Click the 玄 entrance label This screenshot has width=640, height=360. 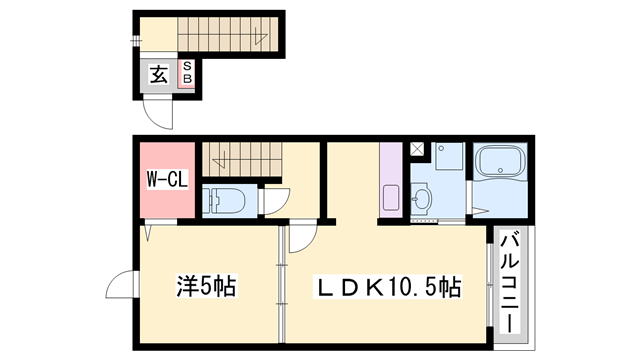(159, 74)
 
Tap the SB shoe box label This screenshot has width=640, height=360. (186, 73)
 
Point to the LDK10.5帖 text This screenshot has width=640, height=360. (389, 288)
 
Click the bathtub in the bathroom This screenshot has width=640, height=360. (503, 163)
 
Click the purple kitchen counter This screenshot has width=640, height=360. (390, 180)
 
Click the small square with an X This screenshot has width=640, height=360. (418, 151)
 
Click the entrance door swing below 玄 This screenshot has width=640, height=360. (156, 113)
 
